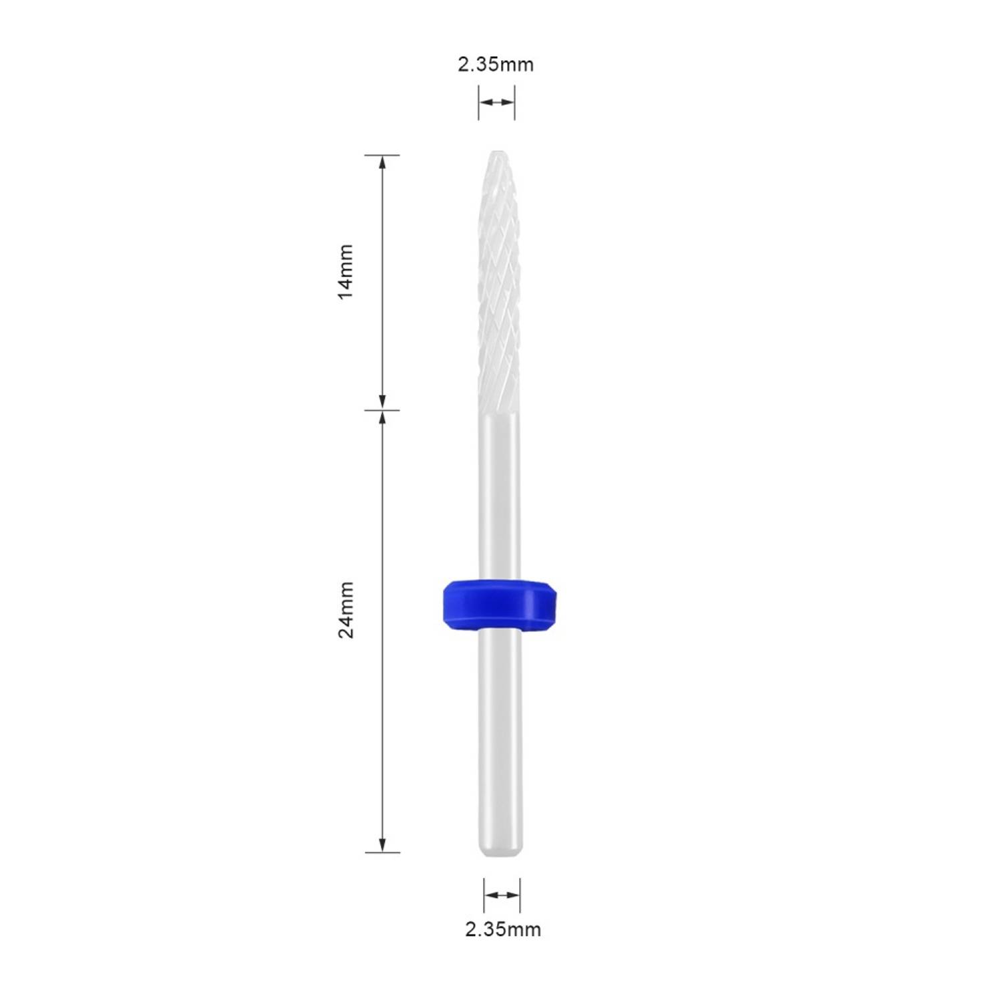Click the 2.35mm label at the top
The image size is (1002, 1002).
click(x=496, y=65)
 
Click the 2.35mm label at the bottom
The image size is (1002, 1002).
click(x=503, y=929)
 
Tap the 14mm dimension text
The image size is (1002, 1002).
click(x=345, y=272)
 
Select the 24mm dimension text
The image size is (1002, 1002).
click(x=345, y=610)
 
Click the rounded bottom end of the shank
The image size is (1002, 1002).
click(x=501, y=851)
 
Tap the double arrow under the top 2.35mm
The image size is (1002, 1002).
click(x=496, y=103)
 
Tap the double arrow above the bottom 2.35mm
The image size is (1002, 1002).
click(x=502, y=895)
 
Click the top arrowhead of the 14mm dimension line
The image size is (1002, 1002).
click(x=382, y=162)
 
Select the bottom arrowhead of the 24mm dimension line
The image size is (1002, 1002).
click(x=382, y=846)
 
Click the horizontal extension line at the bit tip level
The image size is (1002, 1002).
click(x=382, y=155)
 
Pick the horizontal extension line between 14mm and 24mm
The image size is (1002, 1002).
click(x=382, y=409)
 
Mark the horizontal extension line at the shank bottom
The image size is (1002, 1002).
click(x=382, y=852)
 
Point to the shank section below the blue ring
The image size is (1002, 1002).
click(x=501, y=735)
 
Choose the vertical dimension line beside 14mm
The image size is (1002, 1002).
click(x=382, y=281)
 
